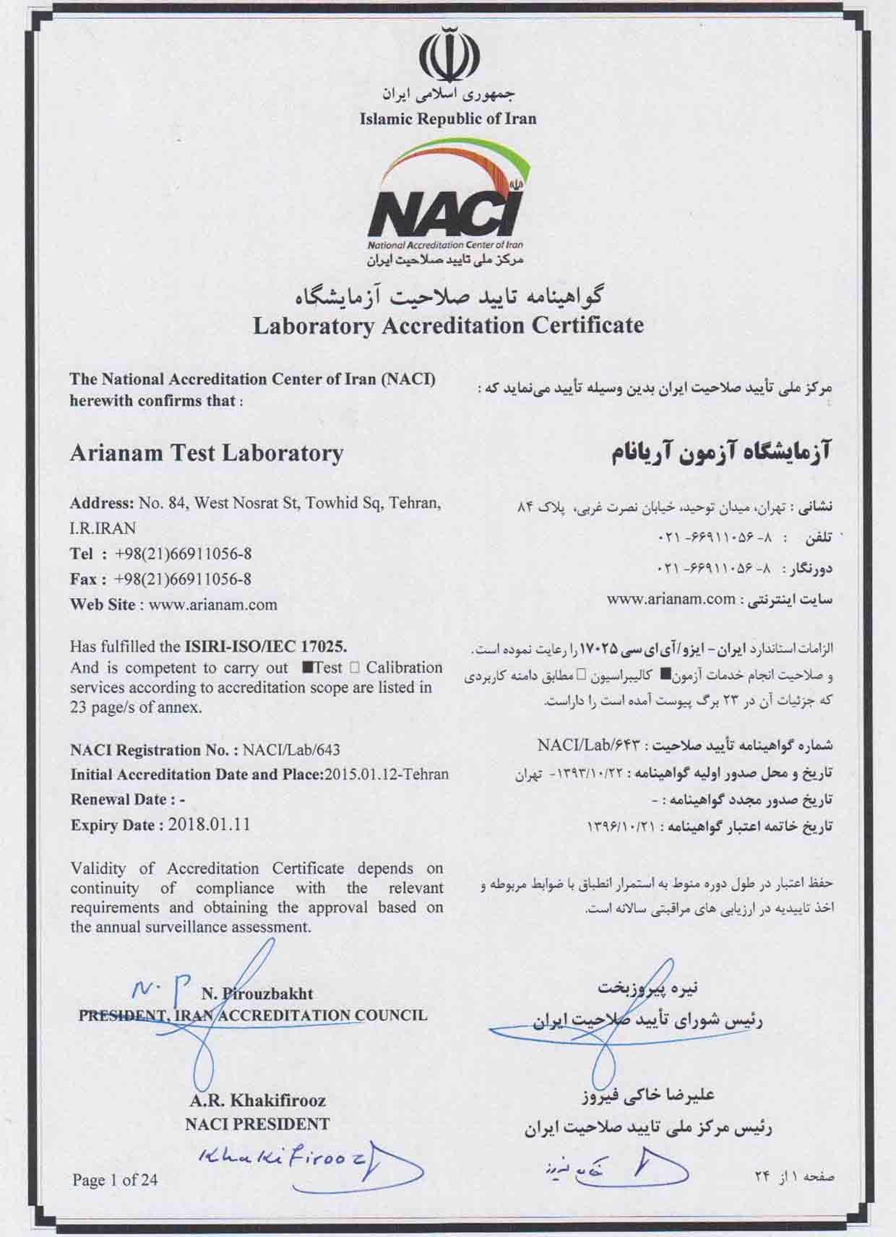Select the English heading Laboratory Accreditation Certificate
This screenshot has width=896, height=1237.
[448, 326]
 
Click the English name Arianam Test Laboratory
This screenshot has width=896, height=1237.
[207, 453]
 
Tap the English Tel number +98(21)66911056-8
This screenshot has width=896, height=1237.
[183, 554]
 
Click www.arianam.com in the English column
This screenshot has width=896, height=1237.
[212, 605]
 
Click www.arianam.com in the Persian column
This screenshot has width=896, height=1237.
[671, 598]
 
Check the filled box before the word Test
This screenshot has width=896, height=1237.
[307, 668]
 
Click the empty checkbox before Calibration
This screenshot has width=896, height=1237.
[354, 668]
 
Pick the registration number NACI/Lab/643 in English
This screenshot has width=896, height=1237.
[291, 750]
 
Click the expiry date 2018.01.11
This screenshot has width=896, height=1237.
[209, 824]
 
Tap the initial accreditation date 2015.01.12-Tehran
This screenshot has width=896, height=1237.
[387, 775]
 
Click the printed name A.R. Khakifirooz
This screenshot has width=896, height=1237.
[258, 1100]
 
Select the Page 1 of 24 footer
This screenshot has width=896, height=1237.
[115, 1181]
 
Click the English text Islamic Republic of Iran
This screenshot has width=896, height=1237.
[448, 118]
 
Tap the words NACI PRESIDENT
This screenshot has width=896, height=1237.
[257, 1124]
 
